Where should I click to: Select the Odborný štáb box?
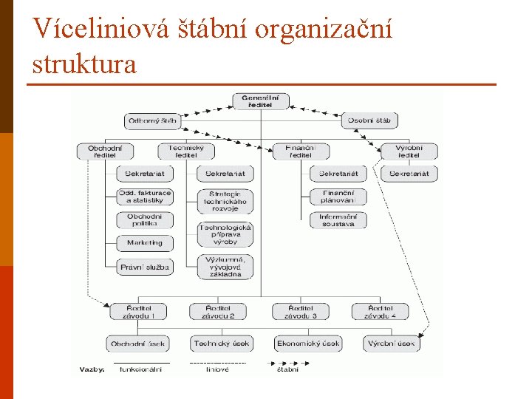coord(153,120)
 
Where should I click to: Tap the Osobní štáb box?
coord(369,120)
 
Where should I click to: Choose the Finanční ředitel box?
coord(300,151)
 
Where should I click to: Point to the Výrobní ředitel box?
coord(409,151)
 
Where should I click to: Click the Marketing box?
coord(145,242)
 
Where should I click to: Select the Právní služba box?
coord(145,267)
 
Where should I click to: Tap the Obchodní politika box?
coord(145,220)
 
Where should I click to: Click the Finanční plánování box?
coord(338,197)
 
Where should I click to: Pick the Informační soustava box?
coord(338,220)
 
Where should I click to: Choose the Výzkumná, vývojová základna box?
coord(225,267)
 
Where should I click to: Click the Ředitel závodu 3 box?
coord(299,311)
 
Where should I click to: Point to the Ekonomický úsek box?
coord(307,344)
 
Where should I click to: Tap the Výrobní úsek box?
coord(391,344)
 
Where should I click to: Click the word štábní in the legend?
coord(287,369)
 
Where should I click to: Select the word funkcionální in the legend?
coord(140,369)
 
